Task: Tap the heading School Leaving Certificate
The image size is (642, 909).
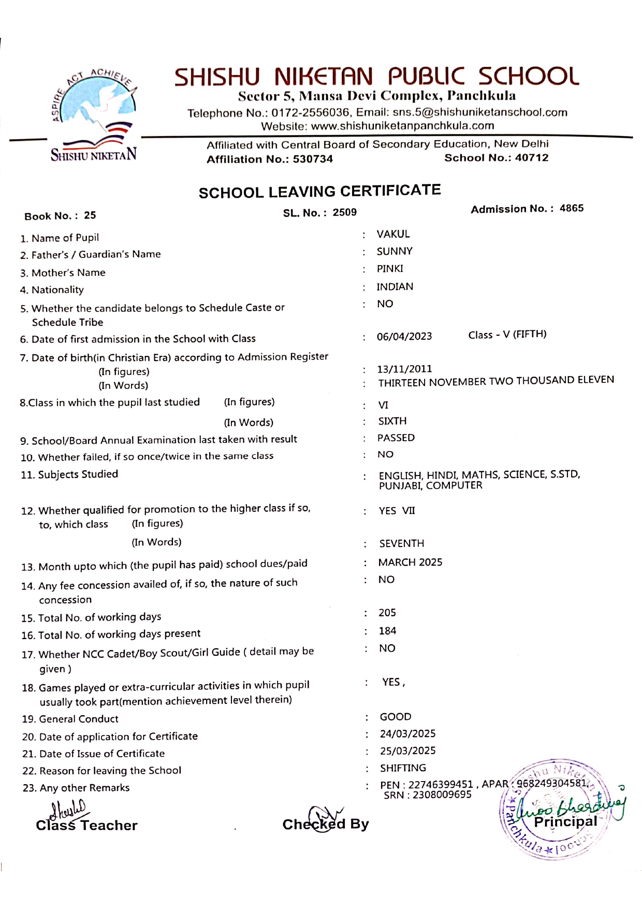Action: coord(319,192)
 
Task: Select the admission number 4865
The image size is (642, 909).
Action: coord(571,208)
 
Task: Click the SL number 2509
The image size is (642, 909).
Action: coord(344,212)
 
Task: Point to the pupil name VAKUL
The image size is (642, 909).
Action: coord(393,234)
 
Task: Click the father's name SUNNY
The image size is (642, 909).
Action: coord(395,251)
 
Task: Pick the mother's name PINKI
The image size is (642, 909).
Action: coord(390,269)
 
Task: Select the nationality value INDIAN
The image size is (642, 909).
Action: coord(395,286)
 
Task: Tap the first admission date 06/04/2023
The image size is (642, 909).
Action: coord(404,336)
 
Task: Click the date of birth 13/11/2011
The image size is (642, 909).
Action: coord(404,369)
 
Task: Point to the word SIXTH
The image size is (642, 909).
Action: coord(392,421)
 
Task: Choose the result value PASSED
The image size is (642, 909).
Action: coord(396,438)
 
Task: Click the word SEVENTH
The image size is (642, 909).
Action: coord(402,543)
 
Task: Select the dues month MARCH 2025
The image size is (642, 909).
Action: coord(410,562)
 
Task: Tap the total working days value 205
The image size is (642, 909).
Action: coord(387,613)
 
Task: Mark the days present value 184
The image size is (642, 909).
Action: coord(387,631)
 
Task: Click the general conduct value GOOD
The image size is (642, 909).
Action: coord(396,717)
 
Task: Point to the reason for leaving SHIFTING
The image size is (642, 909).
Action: coord(403,768)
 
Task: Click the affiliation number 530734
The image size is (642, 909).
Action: coord(313,159)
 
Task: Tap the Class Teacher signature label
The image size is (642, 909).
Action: coord(86,825)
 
